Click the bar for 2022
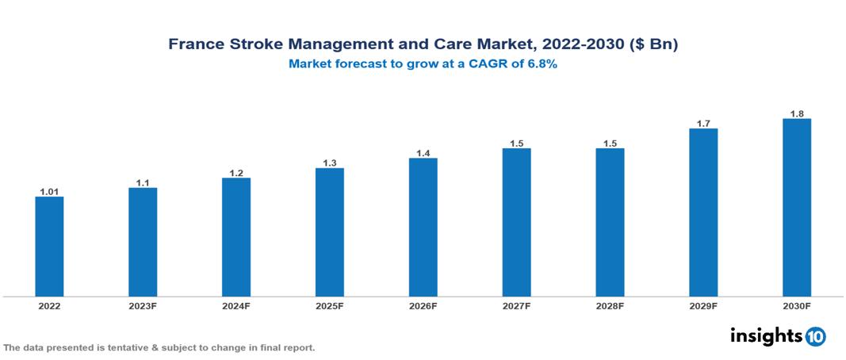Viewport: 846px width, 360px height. tap(49, 247)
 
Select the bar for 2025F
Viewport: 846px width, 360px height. tap(330, 232)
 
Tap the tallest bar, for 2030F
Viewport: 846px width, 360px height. tap(797, 208)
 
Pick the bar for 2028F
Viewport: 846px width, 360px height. tap(610, 223)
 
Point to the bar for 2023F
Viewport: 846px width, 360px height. tap(143, 242)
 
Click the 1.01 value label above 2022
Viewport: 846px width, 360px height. tap(49, 191)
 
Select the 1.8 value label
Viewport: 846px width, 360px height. tap(797, 113)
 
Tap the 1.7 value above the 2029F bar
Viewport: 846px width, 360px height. tap(703, 123)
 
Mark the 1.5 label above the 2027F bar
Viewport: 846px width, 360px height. tap(516, 143)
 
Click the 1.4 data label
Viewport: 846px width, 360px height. tap(423, 153)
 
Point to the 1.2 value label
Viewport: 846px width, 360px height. tap(236, 172)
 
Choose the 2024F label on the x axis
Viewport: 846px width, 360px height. tap(236, 305)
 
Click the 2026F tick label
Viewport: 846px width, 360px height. tap(423, 305)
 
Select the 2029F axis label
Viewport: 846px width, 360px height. tap(703, 305)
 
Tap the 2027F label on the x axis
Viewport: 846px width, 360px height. tap(516, 305)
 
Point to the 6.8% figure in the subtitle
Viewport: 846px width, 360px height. tap(538, 64)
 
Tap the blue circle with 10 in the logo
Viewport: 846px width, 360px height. tap(815, 336)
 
